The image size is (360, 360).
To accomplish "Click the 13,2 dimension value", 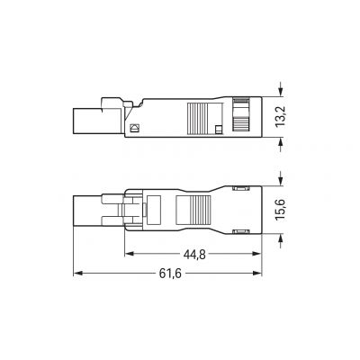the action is (282, 117).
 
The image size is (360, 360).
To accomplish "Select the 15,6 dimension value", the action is (282, 210).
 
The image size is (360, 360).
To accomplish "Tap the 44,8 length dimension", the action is (194, 255).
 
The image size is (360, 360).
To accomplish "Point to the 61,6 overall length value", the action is (170, 274).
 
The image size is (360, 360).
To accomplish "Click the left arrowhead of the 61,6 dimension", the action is (77, 273).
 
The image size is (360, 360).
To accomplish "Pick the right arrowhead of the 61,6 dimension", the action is (257, 273).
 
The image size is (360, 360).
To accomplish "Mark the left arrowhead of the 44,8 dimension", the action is (129, 254).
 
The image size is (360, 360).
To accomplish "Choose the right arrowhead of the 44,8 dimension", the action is (257, 254).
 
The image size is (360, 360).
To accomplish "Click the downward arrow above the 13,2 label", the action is (281, 89).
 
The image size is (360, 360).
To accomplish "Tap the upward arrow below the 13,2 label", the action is (281, 146).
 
